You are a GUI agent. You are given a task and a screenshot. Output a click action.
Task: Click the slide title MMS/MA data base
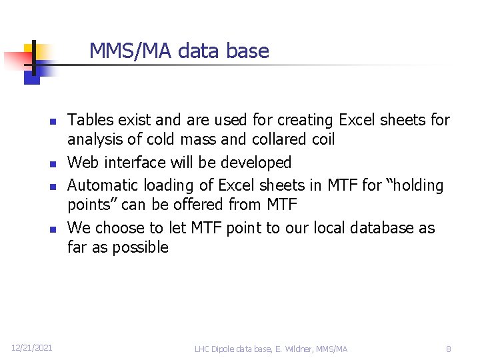[179, 51]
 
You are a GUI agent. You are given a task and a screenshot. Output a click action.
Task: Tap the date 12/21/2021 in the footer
[31, 348]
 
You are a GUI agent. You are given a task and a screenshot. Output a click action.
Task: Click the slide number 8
[449, 349]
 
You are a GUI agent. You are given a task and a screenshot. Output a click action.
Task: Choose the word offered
[200, 204]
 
